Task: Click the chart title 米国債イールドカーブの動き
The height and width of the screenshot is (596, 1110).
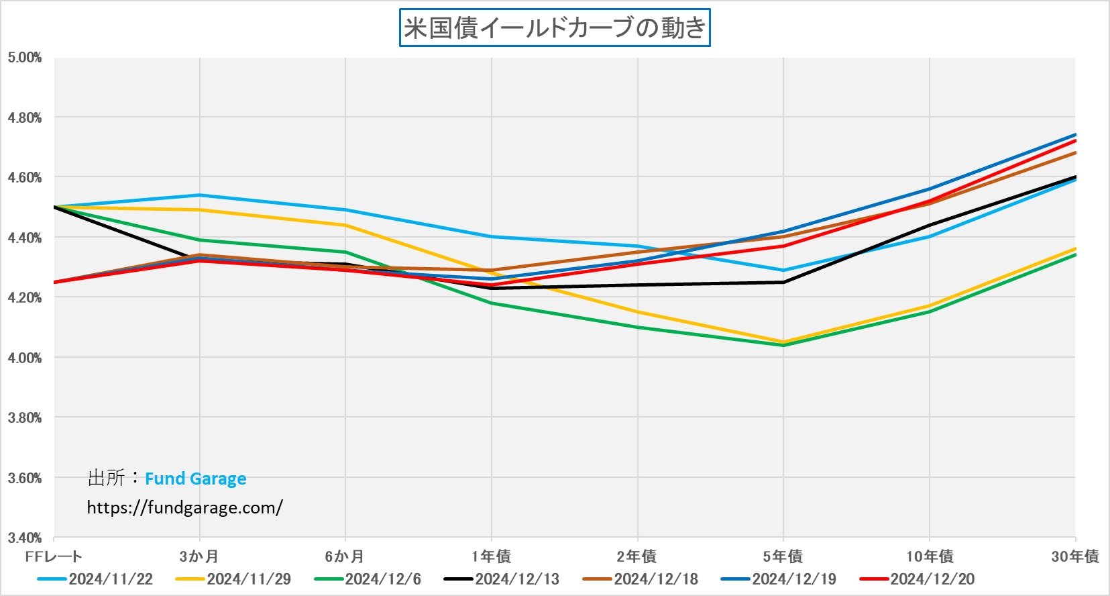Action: (x=555, y=28)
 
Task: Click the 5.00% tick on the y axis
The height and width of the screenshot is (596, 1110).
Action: (x=25, y=58)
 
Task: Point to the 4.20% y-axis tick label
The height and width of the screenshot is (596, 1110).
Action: (x=25, y=297)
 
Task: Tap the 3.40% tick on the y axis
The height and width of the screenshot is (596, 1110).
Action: (x=25, y=538)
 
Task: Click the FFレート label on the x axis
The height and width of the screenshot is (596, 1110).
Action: (x=54, y=556)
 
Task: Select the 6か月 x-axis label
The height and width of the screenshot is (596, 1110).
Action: (x=345, y=556)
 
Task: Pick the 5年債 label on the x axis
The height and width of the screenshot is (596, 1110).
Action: (x=783, y=556)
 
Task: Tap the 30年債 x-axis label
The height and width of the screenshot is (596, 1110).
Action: (x=1074, y=556)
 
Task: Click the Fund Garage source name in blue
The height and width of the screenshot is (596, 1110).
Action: (x=195, y=479)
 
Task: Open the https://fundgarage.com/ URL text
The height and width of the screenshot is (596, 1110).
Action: (x=184, y=507)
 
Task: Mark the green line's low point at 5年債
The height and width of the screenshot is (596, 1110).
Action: (x=783, y=345)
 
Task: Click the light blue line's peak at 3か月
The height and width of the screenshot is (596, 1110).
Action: (x=199, y=195)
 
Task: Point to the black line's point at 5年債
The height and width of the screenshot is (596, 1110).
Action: (x=783, y=283)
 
